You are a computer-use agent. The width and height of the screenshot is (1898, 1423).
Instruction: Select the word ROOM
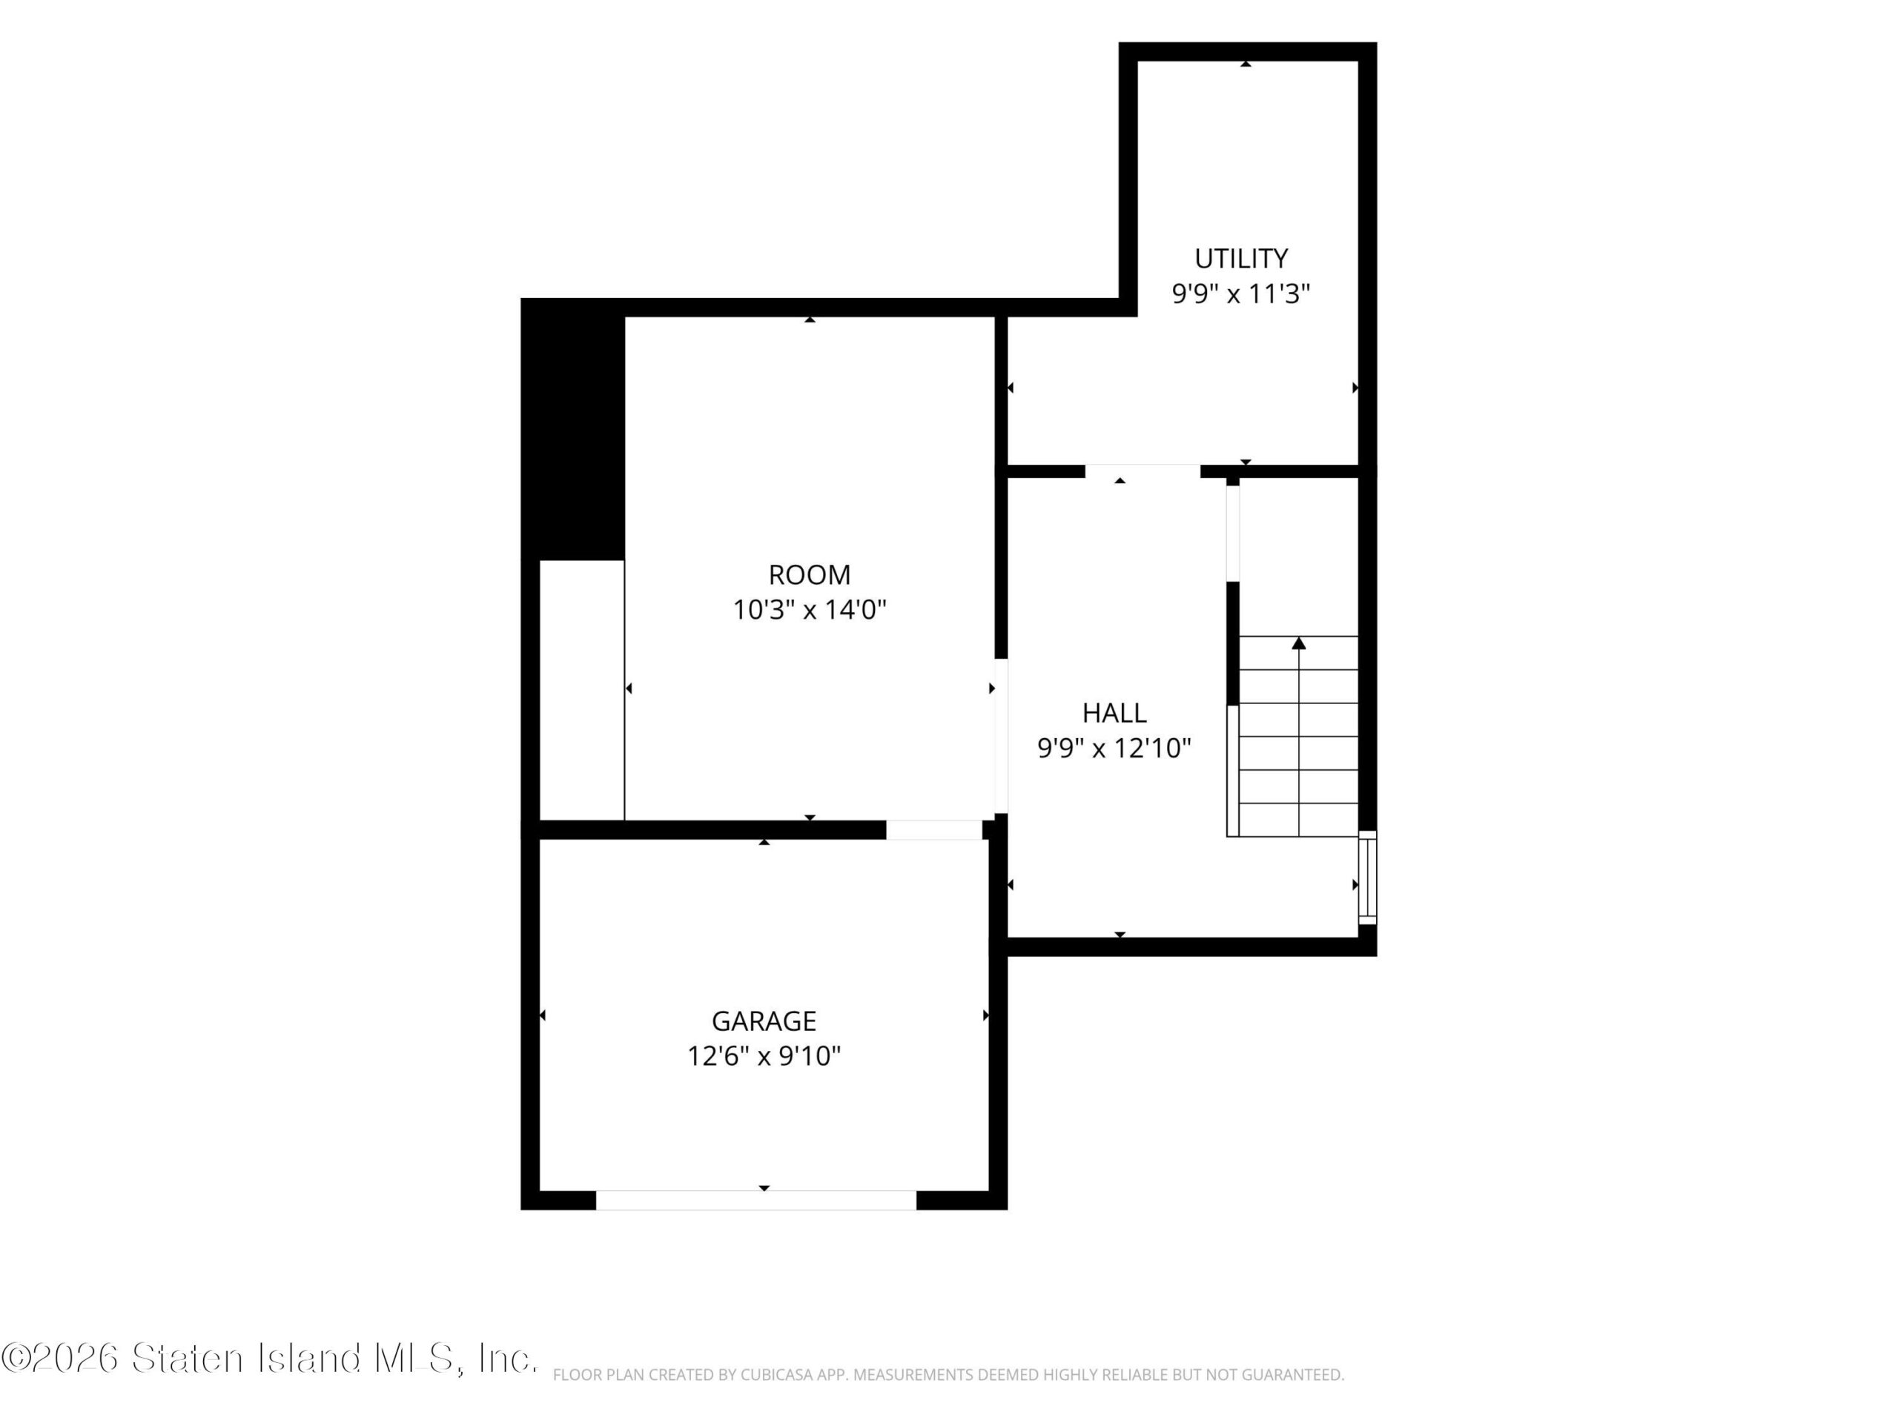[x=809, y=574]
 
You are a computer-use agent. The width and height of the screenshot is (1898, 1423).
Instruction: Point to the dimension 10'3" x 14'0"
[x=809, y=610]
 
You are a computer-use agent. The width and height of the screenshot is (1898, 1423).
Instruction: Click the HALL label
[x=1114, y=713]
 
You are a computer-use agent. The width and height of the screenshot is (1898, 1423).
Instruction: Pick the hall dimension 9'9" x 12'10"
[x=1114, y=749]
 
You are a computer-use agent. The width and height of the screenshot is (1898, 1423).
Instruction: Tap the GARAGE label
[x=764, y=1021]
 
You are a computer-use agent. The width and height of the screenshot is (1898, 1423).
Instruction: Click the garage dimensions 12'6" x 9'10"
[x=764, y=1056]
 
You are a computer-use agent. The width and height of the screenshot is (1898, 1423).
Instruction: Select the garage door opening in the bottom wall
[x=756, y=1200]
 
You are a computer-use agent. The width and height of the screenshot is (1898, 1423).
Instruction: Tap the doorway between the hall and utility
[x=1143, y=471]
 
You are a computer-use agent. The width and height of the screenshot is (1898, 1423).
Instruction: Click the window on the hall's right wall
[x=1368, y=878]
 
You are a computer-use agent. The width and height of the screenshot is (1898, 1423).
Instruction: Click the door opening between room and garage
[x=934, y=829]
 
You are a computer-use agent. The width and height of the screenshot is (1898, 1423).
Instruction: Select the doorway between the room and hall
[x=1000, y=736]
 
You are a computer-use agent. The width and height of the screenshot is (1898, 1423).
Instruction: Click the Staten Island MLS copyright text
[x=269, y=1359]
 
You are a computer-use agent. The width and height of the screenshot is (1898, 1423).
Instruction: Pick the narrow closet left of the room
[x=582, y=691]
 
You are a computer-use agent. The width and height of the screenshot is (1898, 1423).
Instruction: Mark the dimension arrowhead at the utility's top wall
[x=1245, y=64]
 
